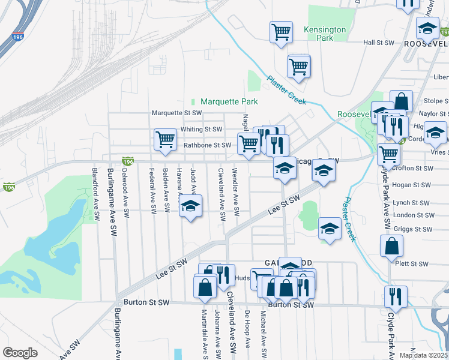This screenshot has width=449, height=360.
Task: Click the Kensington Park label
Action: (x=325, y=34)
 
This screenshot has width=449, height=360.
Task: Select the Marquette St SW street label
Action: (x=176, y=113)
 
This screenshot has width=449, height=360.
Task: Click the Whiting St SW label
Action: (x=201, y=129)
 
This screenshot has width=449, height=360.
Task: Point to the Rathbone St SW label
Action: (x=207, y=145)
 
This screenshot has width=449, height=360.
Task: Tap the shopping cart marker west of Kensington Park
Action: (x=280, y=31)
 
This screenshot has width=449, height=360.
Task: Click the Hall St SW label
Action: (x=378, y=43)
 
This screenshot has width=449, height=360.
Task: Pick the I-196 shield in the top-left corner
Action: (x=18, y=38)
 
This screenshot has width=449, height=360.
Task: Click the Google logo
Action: (x=20, y=353)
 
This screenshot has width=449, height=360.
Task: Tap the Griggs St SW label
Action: (x=412, y=229)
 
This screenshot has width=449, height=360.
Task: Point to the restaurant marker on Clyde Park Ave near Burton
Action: (x=396, y=295)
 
